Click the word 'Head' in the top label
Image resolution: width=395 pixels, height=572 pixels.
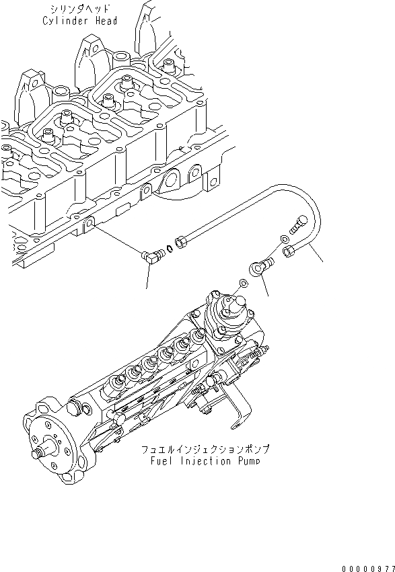(106, 21)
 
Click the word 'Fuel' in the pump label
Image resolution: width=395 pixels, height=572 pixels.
(164, 461)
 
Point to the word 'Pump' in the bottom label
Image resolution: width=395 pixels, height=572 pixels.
(246, 461)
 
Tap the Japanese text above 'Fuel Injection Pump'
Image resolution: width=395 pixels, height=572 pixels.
(203, 448)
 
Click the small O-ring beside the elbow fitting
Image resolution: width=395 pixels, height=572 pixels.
(170, 249)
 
